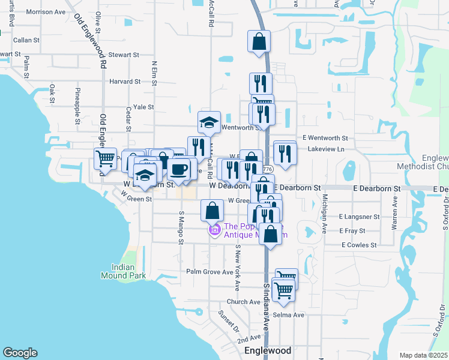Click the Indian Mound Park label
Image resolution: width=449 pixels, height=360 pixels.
(128, 271)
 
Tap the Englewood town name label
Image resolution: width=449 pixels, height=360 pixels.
(268, 350)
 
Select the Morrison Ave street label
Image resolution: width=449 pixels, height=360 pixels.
(46, 11)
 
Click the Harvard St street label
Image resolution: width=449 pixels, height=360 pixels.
(124, 81)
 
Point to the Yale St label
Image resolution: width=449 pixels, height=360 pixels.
(143, 107)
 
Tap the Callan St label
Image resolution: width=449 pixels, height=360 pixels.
(26, 40)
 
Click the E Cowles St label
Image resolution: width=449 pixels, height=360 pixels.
(359, 245)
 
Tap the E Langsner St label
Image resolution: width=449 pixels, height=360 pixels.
(359, 216)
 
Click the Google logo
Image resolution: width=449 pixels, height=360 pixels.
(20, 353)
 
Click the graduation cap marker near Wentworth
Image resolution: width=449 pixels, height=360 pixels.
(209, 122)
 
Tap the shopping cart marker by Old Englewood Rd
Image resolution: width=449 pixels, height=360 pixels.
(105, 158)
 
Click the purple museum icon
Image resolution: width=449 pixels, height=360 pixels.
(214, 230)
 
